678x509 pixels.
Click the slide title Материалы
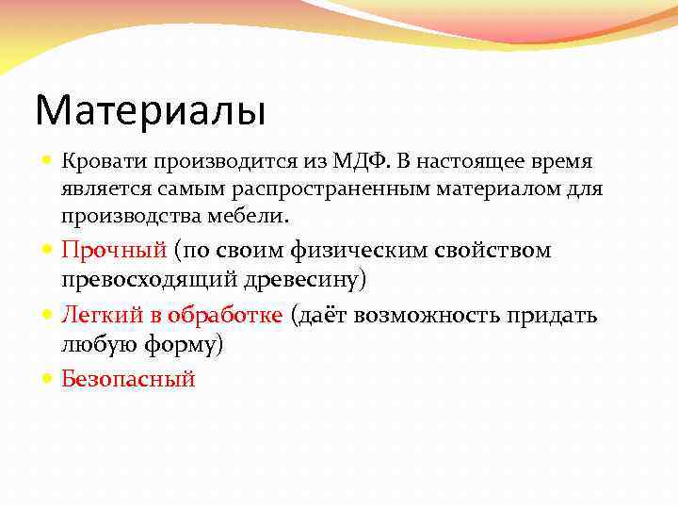pyautogui.click(x=151, y=110)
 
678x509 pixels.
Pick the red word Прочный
pyautogui.click(x=113, y=250)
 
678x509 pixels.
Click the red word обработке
pyautogui.click(x=229, y=314)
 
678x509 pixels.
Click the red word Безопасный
pyautogui.click(x=128, y=379)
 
